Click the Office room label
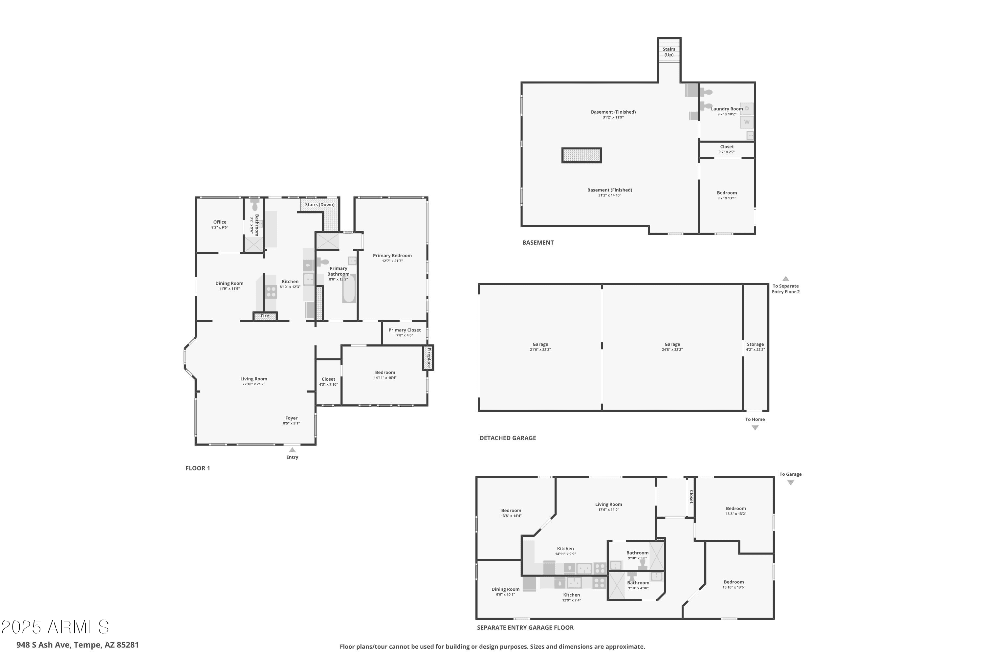[220, 222]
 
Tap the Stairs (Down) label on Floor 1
[319, 204]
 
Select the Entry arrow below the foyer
[292, 450]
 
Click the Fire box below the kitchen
[265, 316]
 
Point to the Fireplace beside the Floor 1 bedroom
[428, 358]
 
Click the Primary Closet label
[405, 330]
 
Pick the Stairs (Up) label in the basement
[669, 52]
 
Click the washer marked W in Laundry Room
[747, 122]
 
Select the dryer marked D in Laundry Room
[747, 108]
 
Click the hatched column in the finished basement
[582, 155]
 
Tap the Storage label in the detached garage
[755, 344]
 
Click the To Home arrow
[755, 428]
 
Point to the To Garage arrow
[791, 483]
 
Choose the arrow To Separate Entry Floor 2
[786, 279]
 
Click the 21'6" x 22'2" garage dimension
[540, 350]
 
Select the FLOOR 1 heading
[198, 468]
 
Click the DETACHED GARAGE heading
[508, 438]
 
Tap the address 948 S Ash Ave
[43, 645]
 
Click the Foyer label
[292, 418]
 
